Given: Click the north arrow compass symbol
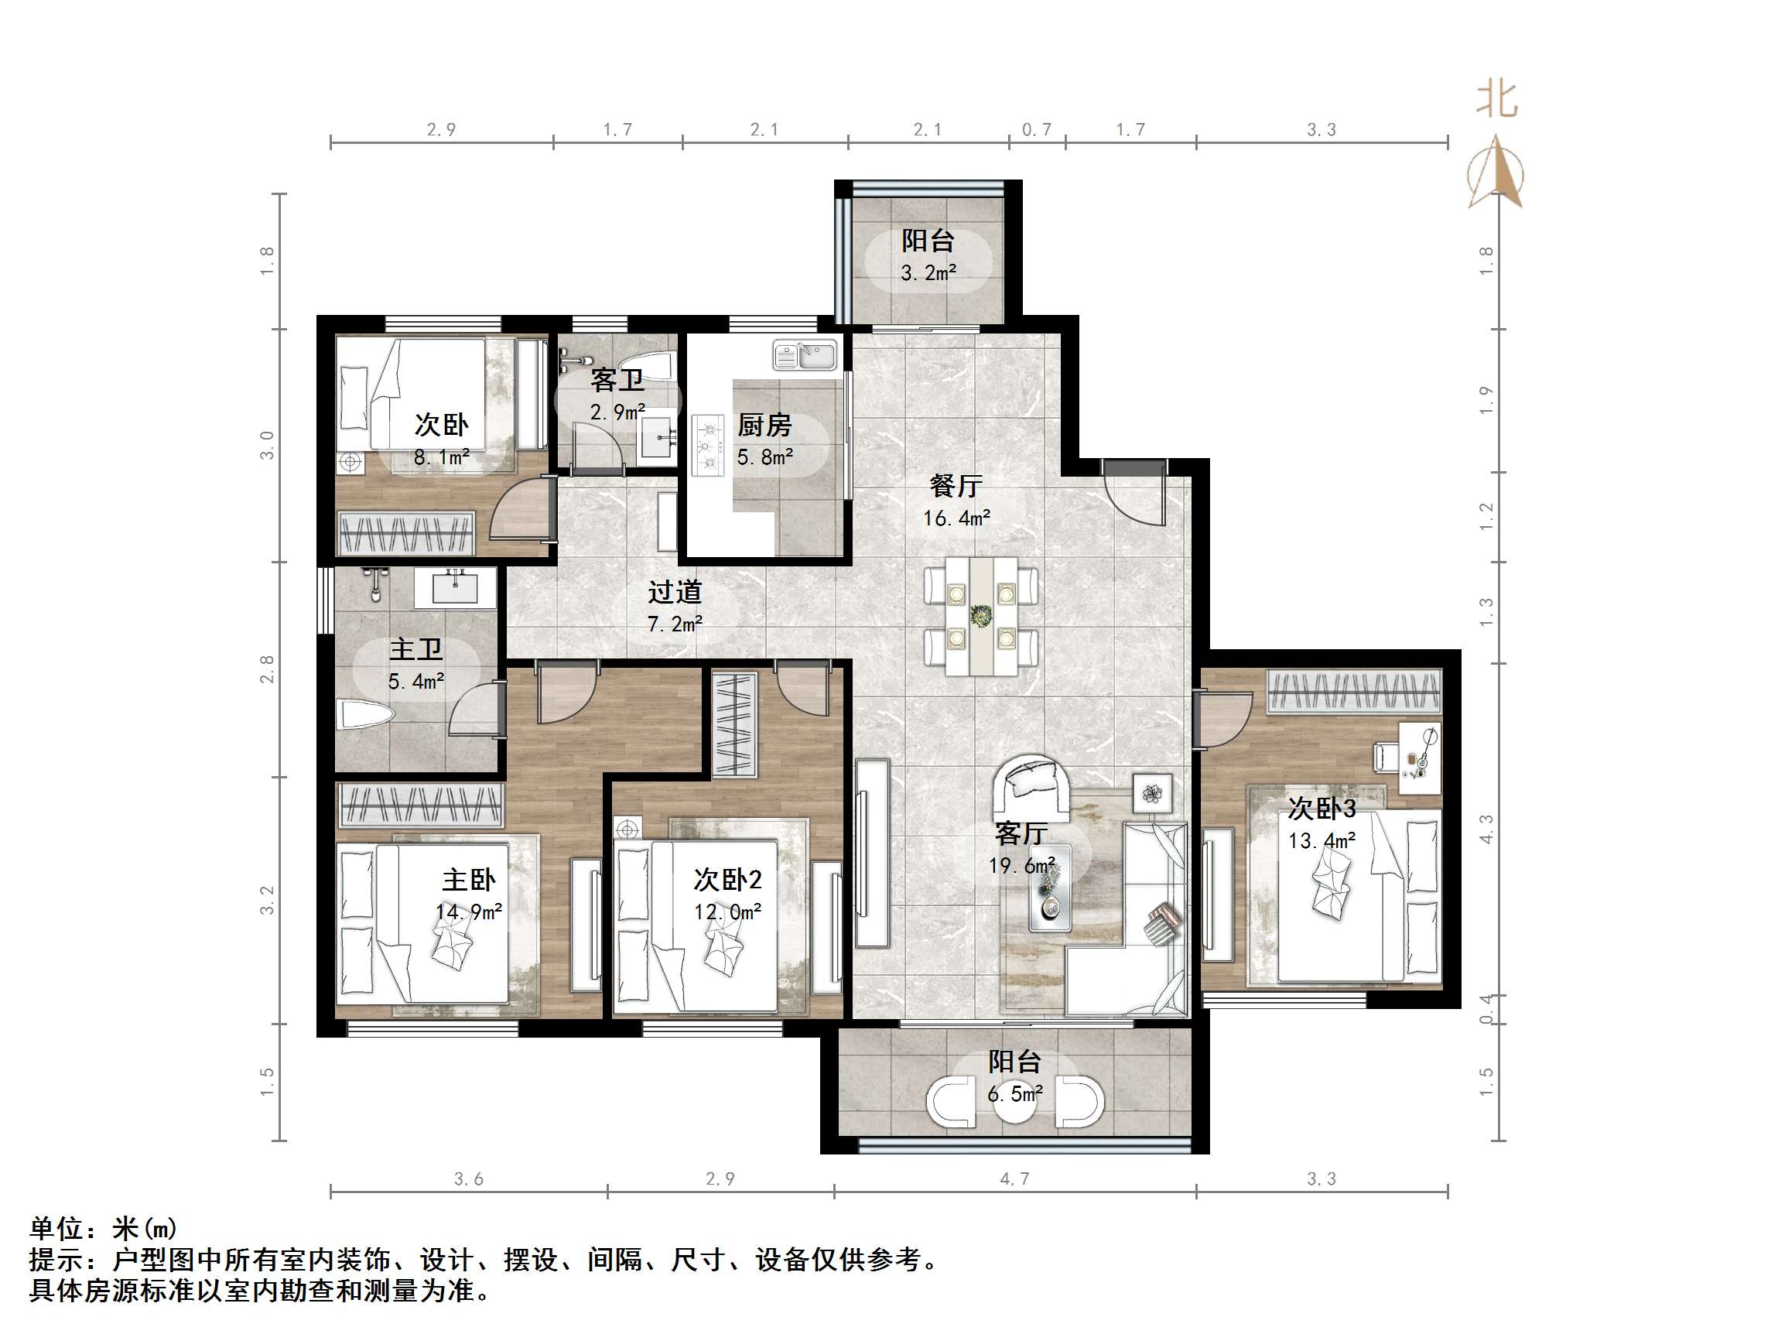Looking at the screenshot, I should (x=1495, y=172).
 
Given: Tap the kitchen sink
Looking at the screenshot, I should (x=805, y=354).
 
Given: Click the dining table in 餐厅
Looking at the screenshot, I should (x=980, y=617).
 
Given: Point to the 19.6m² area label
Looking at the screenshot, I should (x=1021, y=866).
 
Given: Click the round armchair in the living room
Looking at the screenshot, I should (x=1031, y=785).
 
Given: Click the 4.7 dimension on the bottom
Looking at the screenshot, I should (x=1014, y=1178).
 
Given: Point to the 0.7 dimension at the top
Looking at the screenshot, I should (x=1037, y=129).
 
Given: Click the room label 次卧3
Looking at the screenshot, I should (x=1322, y=808).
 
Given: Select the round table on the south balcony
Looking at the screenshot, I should (x=1015, y=1102).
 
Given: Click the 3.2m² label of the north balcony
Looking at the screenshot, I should (x=928, y=273).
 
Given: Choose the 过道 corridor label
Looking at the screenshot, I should (x=675, y=593).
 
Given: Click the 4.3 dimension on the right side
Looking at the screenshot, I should (x=1486, y=829).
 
